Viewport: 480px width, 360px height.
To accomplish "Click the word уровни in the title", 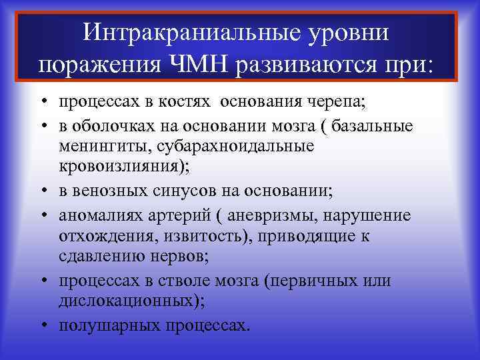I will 347,33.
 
